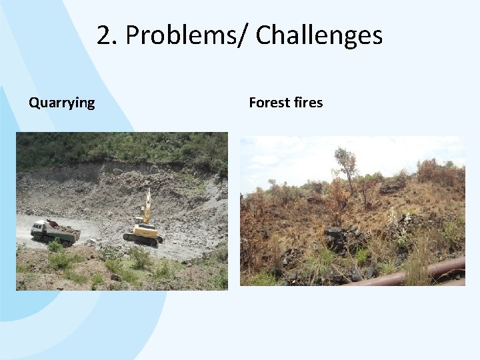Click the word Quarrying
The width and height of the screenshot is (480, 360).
(x=61, y=103)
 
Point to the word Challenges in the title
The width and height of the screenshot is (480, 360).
(x=319, y=35)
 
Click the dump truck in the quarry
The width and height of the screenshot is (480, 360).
(x=55, y=232)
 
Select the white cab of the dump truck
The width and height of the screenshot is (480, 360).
(x=39, y=230)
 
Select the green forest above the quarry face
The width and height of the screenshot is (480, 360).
(x=120, y=147)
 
